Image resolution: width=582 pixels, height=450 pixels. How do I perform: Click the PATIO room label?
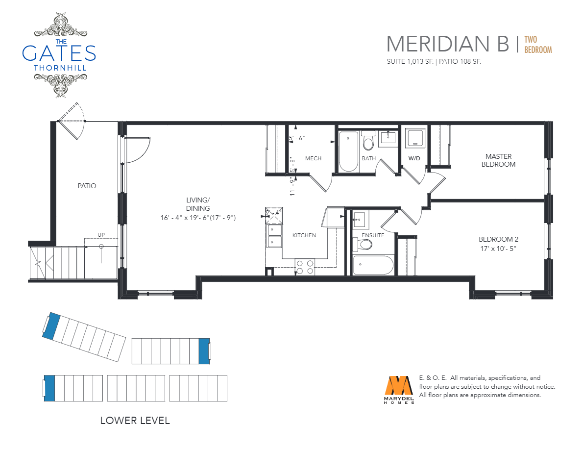(87, 186)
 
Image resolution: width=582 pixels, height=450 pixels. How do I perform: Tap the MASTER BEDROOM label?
(499, 160)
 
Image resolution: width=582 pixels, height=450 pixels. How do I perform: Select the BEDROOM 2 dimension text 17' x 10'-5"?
(498, 249)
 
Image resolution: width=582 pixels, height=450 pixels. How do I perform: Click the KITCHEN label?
(304, 235)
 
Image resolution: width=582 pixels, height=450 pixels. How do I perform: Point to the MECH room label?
(313, 158)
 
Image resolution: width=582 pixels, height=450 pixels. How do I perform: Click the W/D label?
(414, 158)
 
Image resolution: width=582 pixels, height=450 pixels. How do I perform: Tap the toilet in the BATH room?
(368, 141)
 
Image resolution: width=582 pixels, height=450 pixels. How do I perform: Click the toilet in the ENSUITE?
(363, 244)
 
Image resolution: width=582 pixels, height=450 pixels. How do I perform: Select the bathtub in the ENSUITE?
(373, 265)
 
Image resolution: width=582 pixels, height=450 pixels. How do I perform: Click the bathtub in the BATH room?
(348, 151)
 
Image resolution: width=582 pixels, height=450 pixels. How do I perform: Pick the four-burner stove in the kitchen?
(305, 267)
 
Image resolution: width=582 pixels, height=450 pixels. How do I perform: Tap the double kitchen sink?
(275, 236)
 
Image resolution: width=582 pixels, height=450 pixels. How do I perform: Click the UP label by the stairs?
(101, 235)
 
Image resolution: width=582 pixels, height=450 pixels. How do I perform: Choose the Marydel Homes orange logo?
(399, 390)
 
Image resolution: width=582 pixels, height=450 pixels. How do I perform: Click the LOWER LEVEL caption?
(135, 420)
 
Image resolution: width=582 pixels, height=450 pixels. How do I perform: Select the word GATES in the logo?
(59, 53)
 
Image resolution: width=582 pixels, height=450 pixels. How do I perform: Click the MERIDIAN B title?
(448, 44)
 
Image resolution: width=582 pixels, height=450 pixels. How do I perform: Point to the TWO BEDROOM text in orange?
(538, 45)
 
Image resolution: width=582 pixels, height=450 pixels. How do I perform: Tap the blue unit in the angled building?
(51, 326)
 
